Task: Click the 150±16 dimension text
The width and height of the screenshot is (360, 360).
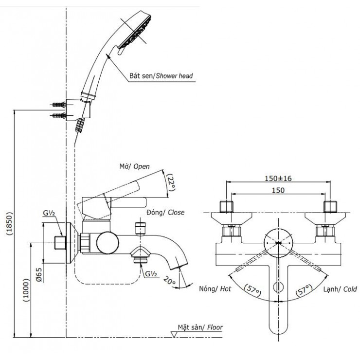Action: (x=278, y=179)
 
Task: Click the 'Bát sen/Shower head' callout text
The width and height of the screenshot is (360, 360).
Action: (x=161, y=76)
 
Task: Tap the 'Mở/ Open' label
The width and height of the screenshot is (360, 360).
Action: (x=135, y=166)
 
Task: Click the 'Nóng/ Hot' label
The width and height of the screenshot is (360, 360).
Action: (x=215, y=289)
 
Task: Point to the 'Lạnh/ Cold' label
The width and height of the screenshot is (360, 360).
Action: (x=340, y=289)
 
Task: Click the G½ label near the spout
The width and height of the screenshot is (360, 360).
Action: (x=150, y=273)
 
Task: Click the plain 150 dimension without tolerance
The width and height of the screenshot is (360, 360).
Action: (x=278, y=190)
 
